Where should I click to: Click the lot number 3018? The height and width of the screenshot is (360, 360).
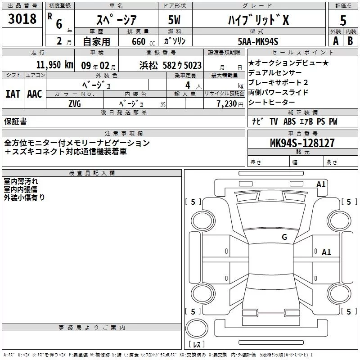point(22,19)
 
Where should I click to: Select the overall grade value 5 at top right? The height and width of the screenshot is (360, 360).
point(343,20)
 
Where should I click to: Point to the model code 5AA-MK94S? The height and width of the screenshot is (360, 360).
point(258,41)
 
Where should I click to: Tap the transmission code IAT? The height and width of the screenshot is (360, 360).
point(13,94)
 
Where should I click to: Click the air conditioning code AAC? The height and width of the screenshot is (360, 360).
point(34,94)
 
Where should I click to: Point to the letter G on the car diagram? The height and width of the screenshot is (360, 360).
point(284,237)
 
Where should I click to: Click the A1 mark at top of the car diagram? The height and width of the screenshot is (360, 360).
point(321,184)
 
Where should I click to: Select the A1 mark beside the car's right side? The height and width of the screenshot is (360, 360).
point(326,252)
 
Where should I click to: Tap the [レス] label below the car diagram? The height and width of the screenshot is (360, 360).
point(197,345)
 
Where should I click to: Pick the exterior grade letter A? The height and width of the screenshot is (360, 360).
point(335,41)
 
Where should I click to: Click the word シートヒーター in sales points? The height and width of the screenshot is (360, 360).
point(271,102)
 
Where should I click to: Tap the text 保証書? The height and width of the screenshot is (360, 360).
point(15,121)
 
